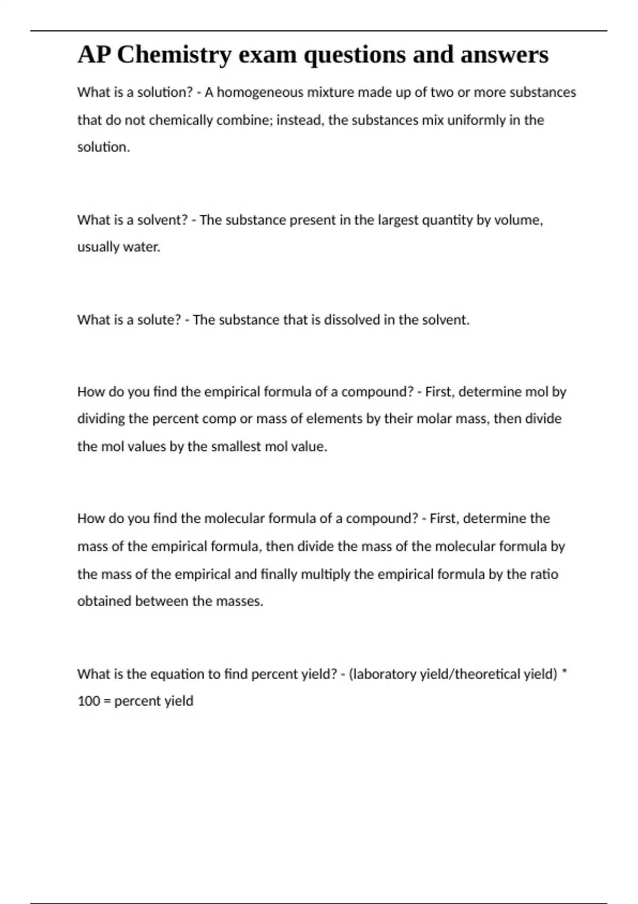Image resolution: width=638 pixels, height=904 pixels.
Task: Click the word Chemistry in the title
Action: (x=174, y=55)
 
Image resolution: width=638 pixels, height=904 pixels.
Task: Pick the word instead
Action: (x=300, y=120)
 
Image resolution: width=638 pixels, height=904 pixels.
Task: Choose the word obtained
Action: (x=104, y=601)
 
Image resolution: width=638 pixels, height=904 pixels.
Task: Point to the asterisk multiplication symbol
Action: (x=564, y=672)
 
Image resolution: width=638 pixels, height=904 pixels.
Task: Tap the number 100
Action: (x=89, y=701)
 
